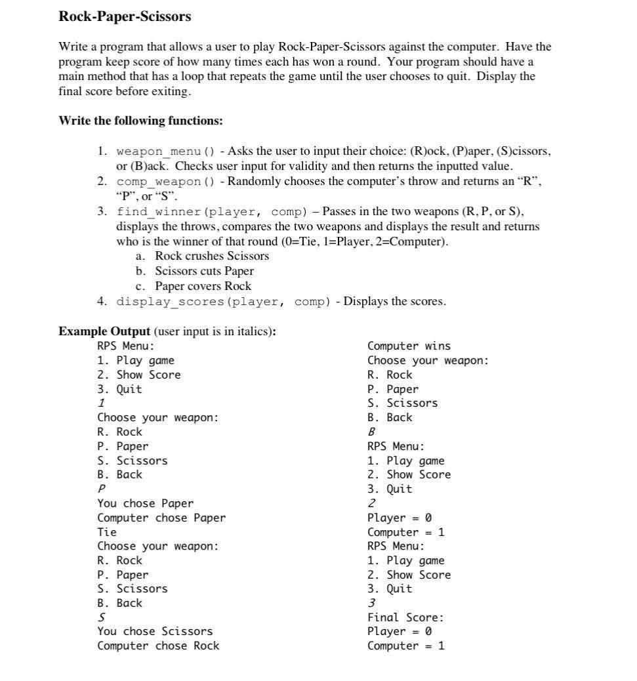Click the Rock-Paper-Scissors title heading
click(x=125, y=17)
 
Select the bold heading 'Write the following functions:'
click(x=140, y=121)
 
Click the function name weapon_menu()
click(x=165, y=152)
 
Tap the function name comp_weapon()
click(x=165, y=182)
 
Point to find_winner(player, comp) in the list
click(x=212, y=212)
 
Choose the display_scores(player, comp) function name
click(x=223, y=302)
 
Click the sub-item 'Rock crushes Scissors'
click(x=212, y=256)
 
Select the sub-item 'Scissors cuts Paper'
click(x=204, y=271)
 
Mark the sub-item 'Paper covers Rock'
click(x=203, y=286)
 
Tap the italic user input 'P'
click(x=101, y=489)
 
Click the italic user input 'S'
click(x=101, y=617)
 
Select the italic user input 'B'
click(x=371, y=432)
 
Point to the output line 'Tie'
click(x=107, y=532)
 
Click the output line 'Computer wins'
click(x=409, y=346)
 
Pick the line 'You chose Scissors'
click(x=155, y=631)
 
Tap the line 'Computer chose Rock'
click(x=158, y=646)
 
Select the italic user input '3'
click(x=371, y=603)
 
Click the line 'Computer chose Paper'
click(x=161, y=518)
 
